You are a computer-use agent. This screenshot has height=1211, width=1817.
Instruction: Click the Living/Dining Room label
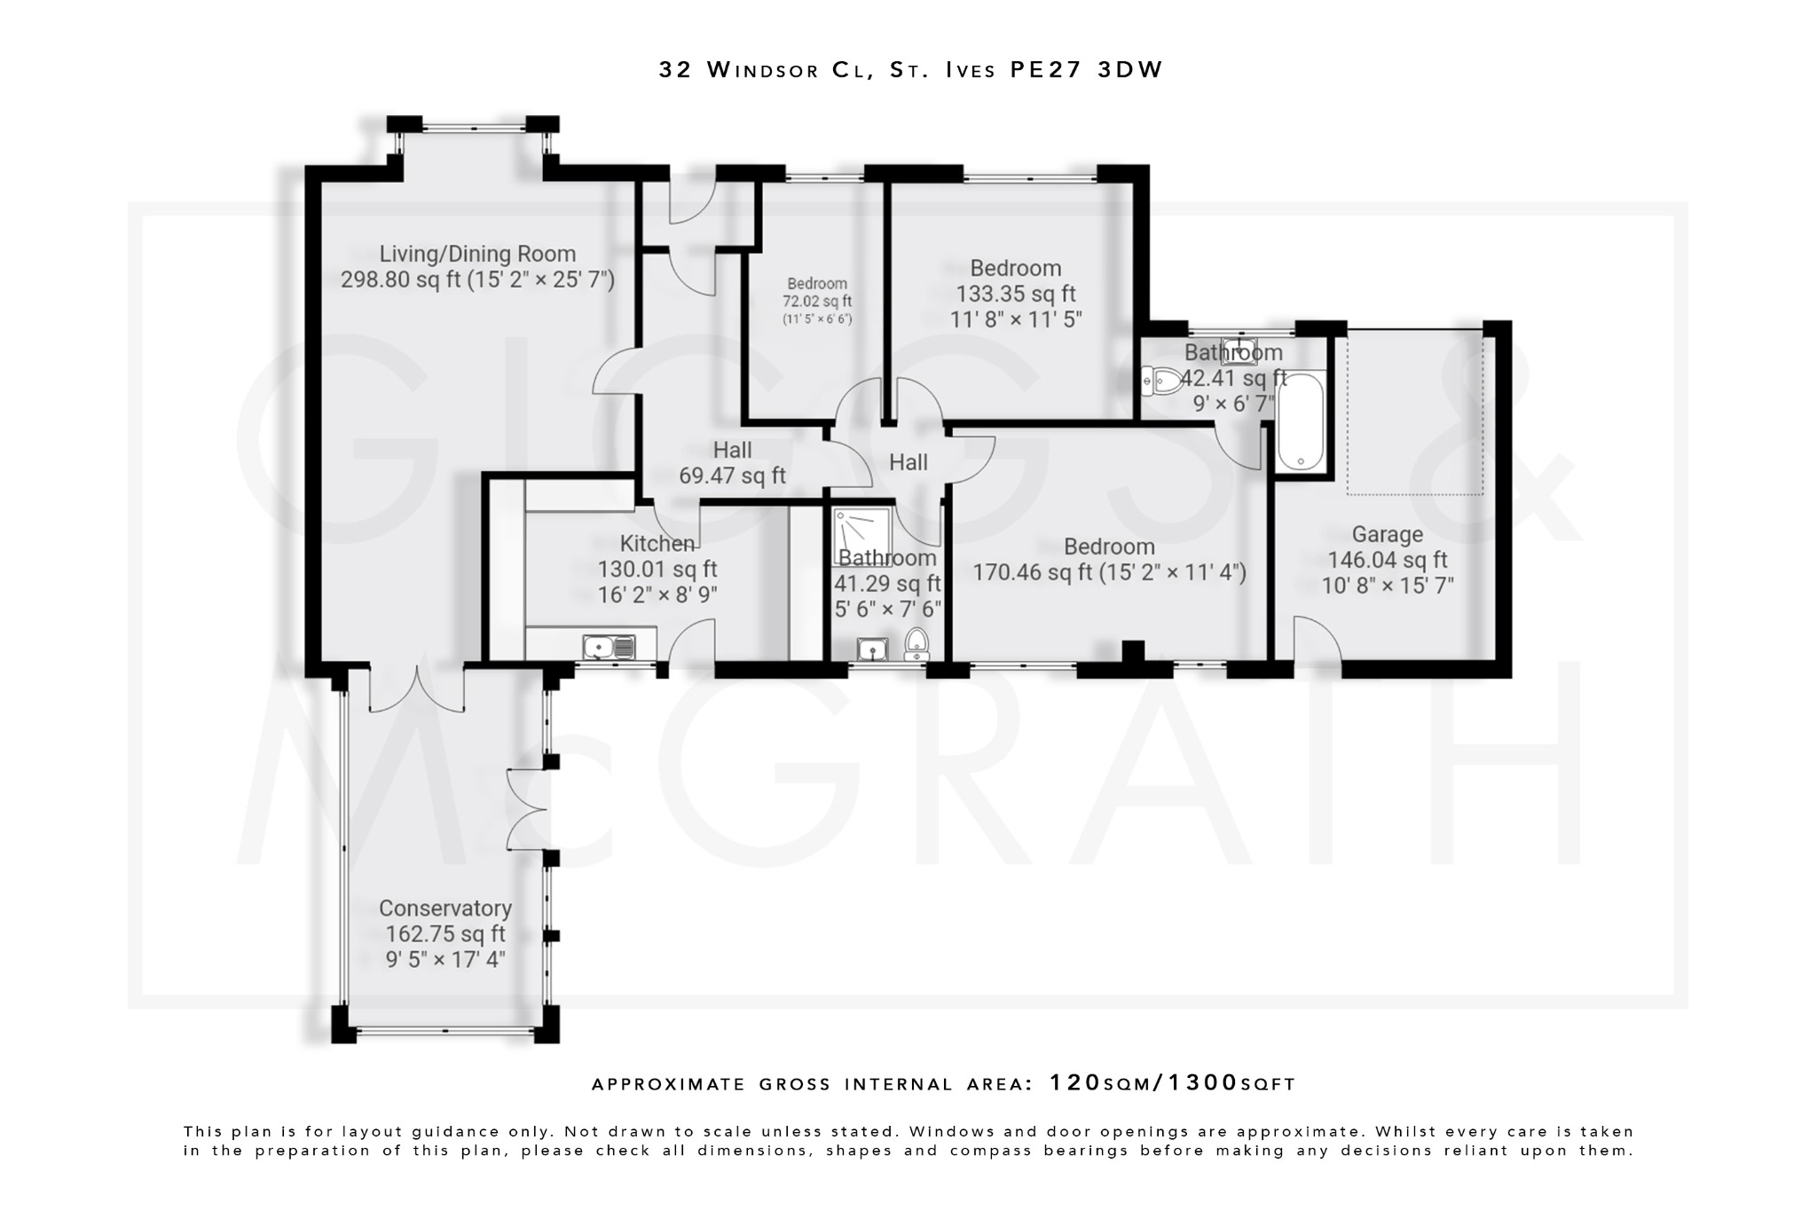coord(477,255)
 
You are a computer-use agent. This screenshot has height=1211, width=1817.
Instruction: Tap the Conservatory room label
coord(445,908)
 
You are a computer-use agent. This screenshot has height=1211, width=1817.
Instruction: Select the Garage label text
coord(1387,534)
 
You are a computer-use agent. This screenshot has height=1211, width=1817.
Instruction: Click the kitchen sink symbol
coord(609,647)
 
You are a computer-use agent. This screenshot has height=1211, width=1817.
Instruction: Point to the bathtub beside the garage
coord(1301,421)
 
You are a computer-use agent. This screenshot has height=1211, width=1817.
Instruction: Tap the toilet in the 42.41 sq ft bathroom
coord(1161,381)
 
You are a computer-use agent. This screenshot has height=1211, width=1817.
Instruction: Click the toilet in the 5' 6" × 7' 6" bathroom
coord(916,643)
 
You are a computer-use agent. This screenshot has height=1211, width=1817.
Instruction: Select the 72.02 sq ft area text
coord(816,302)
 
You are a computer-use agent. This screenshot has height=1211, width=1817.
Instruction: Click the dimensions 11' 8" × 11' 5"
coord(1015,319)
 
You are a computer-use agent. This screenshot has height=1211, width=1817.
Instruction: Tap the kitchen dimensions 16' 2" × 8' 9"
coord(657,594)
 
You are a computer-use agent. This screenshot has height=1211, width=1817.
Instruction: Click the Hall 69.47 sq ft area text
coord(732,476)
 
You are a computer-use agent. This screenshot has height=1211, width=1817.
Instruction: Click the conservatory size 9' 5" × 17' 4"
coord(445,959)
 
